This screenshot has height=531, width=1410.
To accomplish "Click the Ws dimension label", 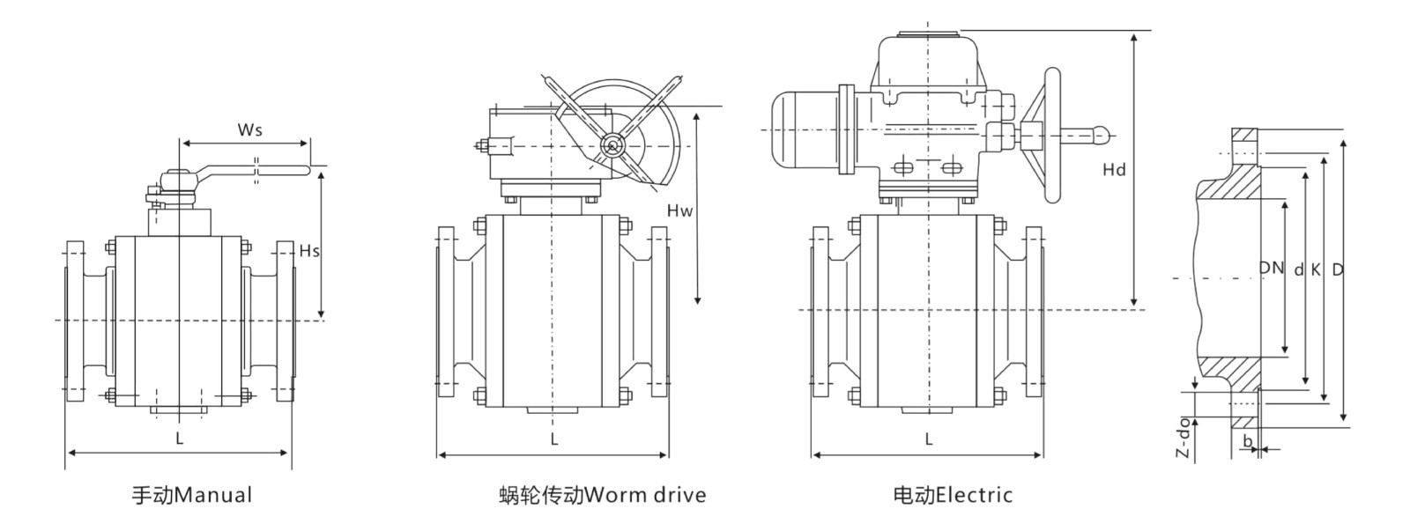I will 250,129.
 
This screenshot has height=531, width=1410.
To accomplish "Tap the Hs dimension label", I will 309,251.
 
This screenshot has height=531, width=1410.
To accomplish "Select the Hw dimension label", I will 680,210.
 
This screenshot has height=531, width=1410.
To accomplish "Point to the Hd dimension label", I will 1115,170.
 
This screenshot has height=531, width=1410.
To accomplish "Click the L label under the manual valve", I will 179,437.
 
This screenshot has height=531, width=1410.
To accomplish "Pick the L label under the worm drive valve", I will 554,439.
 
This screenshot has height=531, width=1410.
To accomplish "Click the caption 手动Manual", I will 192,495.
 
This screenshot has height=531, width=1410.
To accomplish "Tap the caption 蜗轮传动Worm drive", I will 602,495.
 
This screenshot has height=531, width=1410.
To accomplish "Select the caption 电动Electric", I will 953,495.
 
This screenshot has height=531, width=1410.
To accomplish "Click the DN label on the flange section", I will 1271,268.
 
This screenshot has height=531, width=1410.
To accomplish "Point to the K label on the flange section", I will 1316,270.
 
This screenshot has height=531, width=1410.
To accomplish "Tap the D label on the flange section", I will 1337,270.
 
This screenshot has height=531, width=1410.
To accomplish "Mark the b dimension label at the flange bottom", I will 1247,439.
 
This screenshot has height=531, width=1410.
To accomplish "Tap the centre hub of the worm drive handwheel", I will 610,145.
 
